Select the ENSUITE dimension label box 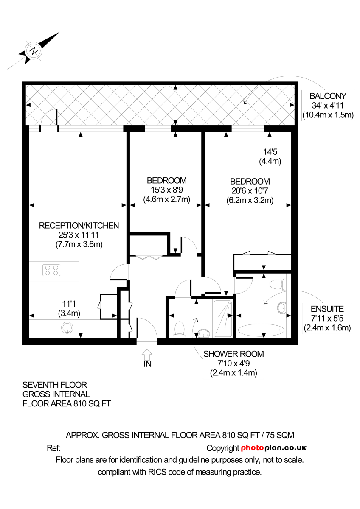[x=326, y=318]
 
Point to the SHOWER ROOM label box [x=233, y=364]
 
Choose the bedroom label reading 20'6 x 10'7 [x=249, y=190]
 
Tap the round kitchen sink [x=67, y=327]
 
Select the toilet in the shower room [x=180, y=329]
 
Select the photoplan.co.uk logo [x=274, y=448]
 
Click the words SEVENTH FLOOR [x=54, y=385]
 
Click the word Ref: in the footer [x=53, y=448]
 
